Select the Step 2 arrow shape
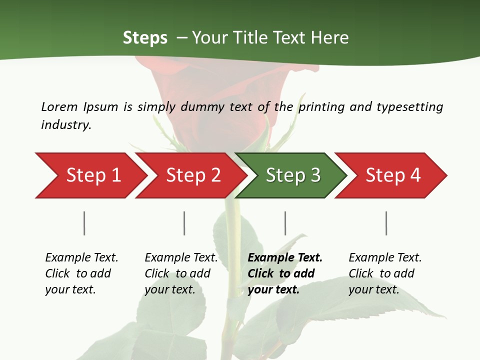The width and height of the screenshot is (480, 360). [x=193, y=175]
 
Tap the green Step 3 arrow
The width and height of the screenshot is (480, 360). [x=293, y=175]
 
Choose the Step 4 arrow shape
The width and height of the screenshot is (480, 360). [x=393, y=175]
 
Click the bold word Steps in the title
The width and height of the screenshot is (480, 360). [x=145, y=38]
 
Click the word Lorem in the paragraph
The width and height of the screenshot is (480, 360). [x=59, y=106]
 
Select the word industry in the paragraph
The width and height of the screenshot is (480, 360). [x=66, y=125]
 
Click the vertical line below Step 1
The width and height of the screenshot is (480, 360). [x=84, y=223]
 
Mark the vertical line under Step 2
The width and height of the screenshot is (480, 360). [x=184, y=223]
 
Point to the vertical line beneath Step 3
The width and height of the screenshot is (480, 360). [x=285, y=223]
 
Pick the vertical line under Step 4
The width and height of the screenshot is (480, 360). [x=386, y=223]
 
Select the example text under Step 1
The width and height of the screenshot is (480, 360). [x=81, y=273]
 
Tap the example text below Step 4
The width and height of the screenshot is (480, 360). [x=385, y=273]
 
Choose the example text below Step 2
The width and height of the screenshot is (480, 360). [x=181, y=273]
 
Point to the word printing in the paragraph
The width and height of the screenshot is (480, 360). [x=320, y=107]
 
